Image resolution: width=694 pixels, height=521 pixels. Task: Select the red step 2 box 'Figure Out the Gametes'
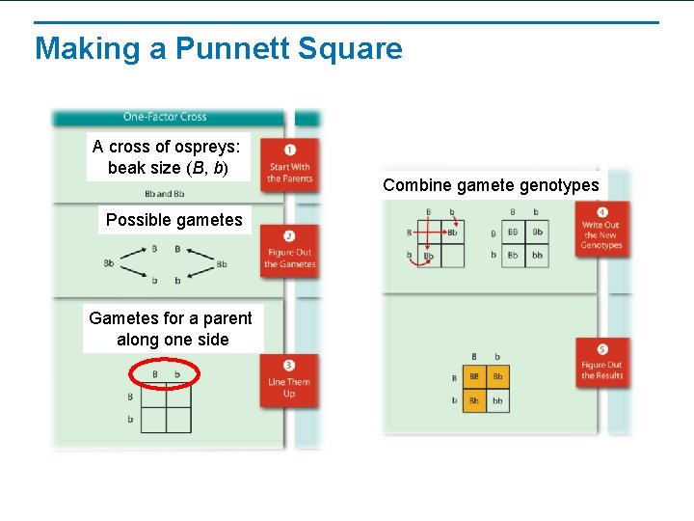pos(289,251)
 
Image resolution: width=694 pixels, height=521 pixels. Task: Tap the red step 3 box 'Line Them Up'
pos(289,381)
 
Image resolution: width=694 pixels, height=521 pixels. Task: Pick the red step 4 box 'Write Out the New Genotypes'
pos(601,229)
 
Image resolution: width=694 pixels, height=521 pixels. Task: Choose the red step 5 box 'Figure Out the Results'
pos(601,364)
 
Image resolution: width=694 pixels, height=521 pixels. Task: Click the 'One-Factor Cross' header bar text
pos(165,117)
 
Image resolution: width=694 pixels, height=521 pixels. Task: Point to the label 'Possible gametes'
pos(174,220)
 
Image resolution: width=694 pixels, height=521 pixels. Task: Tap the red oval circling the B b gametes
pos(163,373)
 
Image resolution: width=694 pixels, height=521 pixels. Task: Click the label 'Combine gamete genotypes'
pos(491,185)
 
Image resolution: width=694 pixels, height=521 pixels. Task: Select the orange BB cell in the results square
pos(474,377)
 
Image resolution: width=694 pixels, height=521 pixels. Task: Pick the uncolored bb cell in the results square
pos(497,399)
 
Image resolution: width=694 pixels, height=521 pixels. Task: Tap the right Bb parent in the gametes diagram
pos(222,263)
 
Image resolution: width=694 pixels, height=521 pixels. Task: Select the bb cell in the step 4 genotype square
pos(537,256)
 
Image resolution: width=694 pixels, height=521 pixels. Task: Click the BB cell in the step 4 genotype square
pos(513,233)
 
